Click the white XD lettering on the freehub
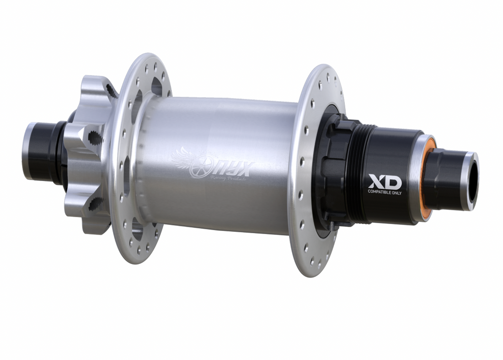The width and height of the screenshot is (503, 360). point(385,182)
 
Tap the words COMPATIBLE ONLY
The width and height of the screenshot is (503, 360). point(385,192)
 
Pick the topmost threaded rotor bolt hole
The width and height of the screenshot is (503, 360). point(110,89)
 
